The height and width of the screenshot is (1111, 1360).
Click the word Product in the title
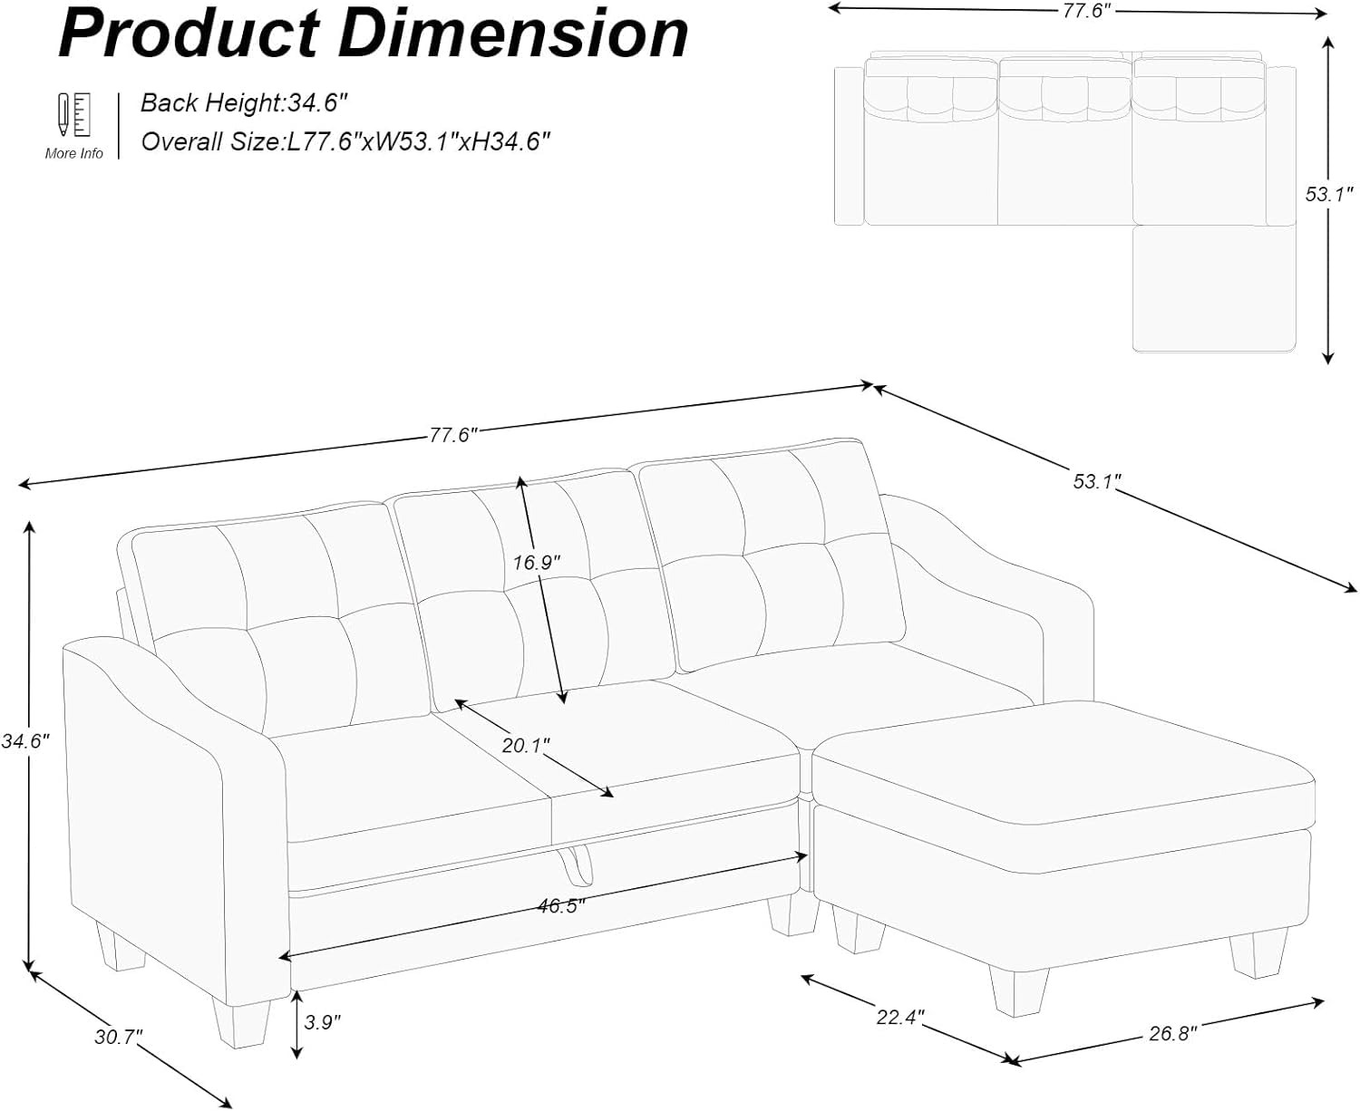tap(189, 34)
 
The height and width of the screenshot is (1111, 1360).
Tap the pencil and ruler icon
tap(73, 115)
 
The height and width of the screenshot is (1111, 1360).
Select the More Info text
tap(73, 153)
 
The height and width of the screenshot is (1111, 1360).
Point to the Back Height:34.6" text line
tap(245, 103)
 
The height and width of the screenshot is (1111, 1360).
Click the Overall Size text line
tap(345, 141)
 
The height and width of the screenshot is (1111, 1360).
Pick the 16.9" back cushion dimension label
tap(537, 563)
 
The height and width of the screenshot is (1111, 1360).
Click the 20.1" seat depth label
tap(526, 746)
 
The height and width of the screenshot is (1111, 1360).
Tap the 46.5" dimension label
tap(561, 905)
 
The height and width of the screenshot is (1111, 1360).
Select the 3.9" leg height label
tap(322, 1021)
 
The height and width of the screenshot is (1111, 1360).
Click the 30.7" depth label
tap(119, 1037)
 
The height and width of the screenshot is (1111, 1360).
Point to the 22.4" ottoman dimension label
tap(900, 1017)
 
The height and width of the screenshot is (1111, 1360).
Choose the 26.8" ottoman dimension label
tap(1173, 1034)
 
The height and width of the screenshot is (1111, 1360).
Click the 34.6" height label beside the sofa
tap(25, 741)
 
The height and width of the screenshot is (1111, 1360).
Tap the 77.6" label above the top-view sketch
tap(1089, 11)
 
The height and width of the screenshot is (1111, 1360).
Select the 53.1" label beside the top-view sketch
tap(1329, 194)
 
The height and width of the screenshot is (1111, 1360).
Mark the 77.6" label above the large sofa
tap(453, 436)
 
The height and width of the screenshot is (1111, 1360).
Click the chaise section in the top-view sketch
tap(1214, 288)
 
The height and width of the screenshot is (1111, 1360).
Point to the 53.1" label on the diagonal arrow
tap(1097, 481)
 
